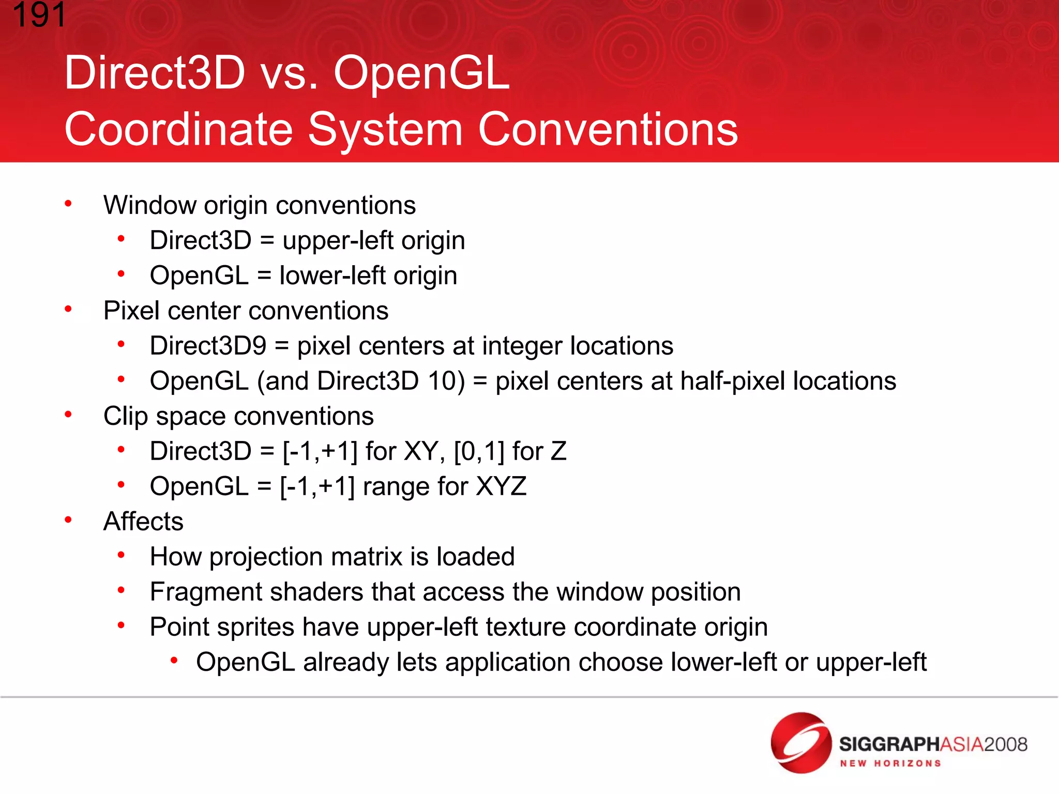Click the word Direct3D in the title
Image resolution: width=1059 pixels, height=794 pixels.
tap(154, 73)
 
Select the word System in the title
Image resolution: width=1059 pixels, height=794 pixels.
tap(385, 129)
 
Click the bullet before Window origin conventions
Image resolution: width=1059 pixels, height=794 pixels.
tap(68, 204)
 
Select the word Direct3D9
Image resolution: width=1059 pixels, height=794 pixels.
tap(208, 346)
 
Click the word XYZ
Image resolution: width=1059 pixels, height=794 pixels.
tap(501, 486)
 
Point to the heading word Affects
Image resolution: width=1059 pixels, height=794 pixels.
tap(143, 521)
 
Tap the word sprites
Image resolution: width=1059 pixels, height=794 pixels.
tap(255, 627)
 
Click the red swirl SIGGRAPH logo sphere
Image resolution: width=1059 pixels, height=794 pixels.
tap(800, 743)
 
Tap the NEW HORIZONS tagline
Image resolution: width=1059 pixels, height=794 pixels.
tap(890, 764)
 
